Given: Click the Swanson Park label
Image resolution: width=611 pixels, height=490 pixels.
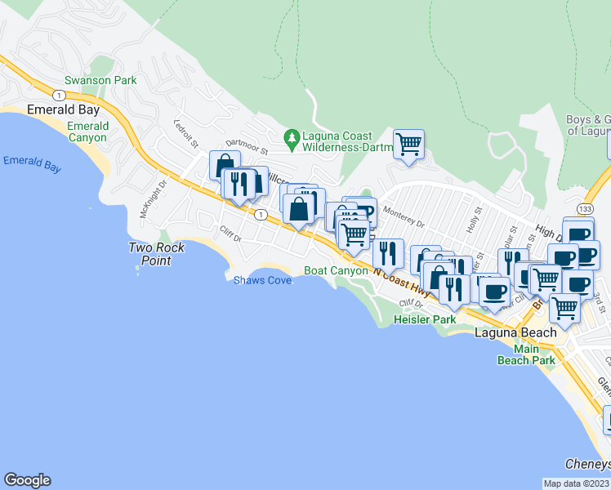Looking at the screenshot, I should click(101, 81).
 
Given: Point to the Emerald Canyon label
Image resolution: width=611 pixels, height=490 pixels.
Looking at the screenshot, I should click(87, 132).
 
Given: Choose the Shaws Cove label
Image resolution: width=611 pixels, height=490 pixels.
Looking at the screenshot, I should click(262, 279).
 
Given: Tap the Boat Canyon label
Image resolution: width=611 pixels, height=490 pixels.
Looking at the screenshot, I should click(335, 270).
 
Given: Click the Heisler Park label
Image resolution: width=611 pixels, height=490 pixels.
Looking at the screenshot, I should click(425, 319).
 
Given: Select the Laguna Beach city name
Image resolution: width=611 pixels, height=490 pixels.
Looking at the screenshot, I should click(515, 332).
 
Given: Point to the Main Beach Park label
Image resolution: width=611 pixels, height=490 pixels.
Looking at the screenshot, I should click(526, 354).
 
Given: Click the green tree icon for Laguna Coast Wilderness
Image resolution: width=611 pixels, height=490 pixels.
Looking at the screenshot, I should click(290, 136).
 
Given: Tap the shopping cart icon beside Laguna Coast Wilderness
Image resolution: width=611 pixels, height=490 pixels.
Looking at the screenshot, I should click(408, 145).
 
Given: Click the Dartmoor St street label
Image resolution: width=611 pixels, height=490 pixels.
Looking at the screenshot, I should click(246, 146).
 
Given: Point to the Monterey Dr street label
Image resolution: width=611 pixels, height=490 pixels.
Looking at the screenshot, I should click(404, 217).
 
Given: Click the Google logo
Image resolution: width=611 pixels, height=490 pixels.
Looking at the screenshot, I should click(27, 480).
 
